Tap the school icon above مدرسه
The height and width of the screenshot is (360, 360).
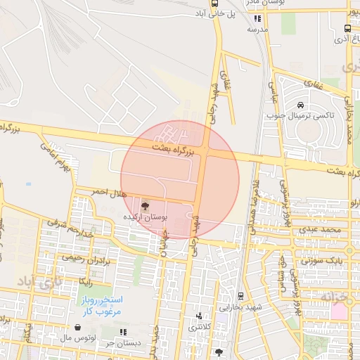pos(257,19)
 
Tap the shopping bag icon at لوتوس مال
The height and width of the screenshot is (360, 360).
pos(77,328)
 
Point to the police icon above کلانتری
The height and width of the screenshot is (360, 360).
pos(199,316)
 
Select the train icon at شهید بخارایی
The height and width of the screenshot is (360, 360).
pos(241,297)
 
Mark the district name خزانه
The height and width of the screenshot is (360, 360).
pos(335,298)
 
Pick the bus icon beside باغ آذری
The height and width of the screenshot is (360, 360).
pos(348,29)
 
